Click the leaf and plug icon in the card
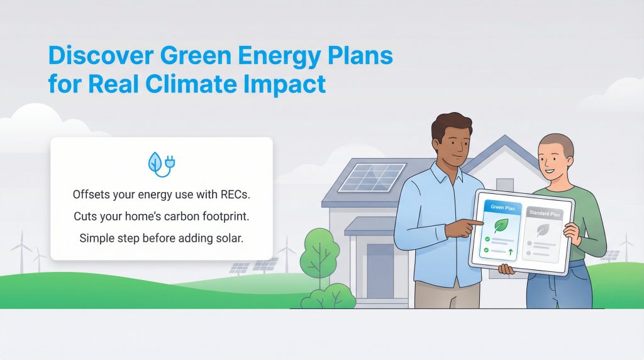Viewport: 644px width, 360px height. pyautogui.click(x=161, y=163)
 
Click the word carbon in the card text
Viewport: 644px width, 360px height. pyautogui.click(x=194, y=217)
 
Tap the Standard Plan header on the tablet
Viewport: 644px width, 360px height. pyautogui.click(x=545, y=213)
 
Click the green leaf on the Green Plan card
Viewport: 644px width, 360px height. pyautogui.click(x=501, y=225)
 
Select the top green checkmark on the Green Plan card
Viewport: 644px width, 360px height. pyautogui.click(x=487, y=240)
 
